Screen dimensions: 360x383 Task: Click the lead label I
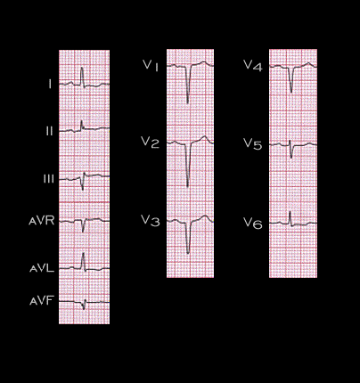(x=50, y=85)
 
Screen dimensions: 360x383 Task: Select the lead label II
(x=50, y=131)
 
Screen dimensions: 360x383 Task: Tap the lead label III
(x=49, y=179)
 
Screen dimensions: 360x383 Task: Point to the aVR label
(x=42, y=221)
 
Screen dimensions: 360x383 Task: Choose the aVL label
(x=42, y=268)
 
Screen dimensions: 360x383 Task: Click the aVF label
(x=42, y=301)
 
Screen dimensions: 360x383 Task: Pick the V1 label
(x=151, y=65)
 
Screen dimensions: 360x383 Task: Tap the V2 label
(x=151, y=143)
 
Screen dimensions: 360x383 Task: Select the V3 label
(x=151, y=221)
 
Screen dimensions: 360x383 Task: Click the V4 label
(x=253, y=66)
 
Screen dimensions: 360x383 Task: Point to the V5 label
(x=253, y=144)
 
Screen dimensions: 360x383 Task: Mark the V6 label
(x=253, y=223)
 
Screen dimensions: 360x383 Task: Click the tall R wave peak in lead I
(x=82, y=68)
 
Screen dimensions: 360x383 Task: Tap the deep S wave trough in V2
(x=187, y=186)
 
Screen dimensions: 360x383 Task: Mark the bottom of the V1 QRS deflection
(x=188, y=102)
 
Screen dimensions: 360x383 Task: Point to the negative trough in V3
(x=188, y=253)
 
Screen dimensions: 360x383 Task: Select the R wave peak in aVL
(x=83, y=253)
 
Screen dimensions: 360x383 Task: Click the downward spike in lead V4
(x=291, y=92)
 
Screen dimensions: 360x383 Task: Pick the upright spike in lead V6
(x=290, y=212)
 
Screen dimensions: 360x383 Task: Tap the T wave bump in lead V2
(x=204, y=137)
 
